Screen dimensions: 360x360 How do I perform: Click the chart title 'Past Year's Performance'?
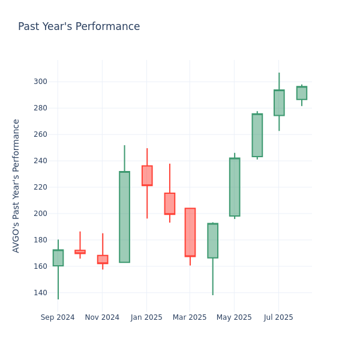tap(79, 27)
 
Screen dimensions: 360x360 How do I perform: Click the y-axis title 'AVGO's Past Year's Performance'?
tap(16, 185)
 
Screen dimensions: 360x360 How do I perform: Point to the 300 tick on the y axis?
tap(40, 82)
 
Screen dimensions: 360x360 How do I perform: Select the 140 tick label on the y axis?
tap(40, 293)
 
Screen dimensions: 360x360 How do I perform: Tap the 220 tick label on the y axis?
tap(40, 187)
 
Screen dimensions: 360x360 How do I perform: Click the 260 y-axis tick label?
tap(40, 134)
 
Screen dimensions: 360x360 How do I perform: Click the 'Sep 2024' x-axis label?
tap(58, 317)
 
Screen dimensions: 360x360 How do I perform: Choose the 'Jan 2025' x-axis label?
tap(146, 317)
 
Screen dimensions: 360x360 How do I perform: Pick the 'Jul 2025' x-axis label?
tap(278, 317)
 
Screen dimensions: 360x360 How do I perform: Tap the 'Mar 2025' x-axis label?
tap(190, 317)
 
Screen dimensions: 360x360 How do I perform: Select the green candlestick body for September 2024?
tap(58, 258)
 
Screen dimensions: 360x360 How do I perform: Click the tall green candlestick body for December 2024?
tap(124, 217)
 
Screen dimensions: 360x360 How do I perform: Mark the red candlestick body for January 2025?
tap(147, 176)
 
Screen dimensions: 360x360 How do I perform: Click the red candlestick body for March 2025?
tap(190, 232)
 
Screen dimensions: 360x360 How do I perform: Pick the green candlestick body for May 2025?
tap(235, 187)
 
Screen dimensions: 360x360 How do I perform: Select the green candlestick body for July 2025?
tap(279, 103)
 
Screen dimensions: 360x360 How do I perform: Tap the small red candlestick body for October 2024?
tap(80, 252)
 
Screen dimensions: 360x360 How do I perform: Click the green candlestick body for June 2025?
tap(257, 135)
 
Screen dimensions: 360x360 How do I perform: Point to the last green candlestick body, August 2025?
tap(301, 93)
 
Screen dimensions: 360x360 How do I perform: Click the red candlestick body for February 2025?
tap(170, 203)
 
